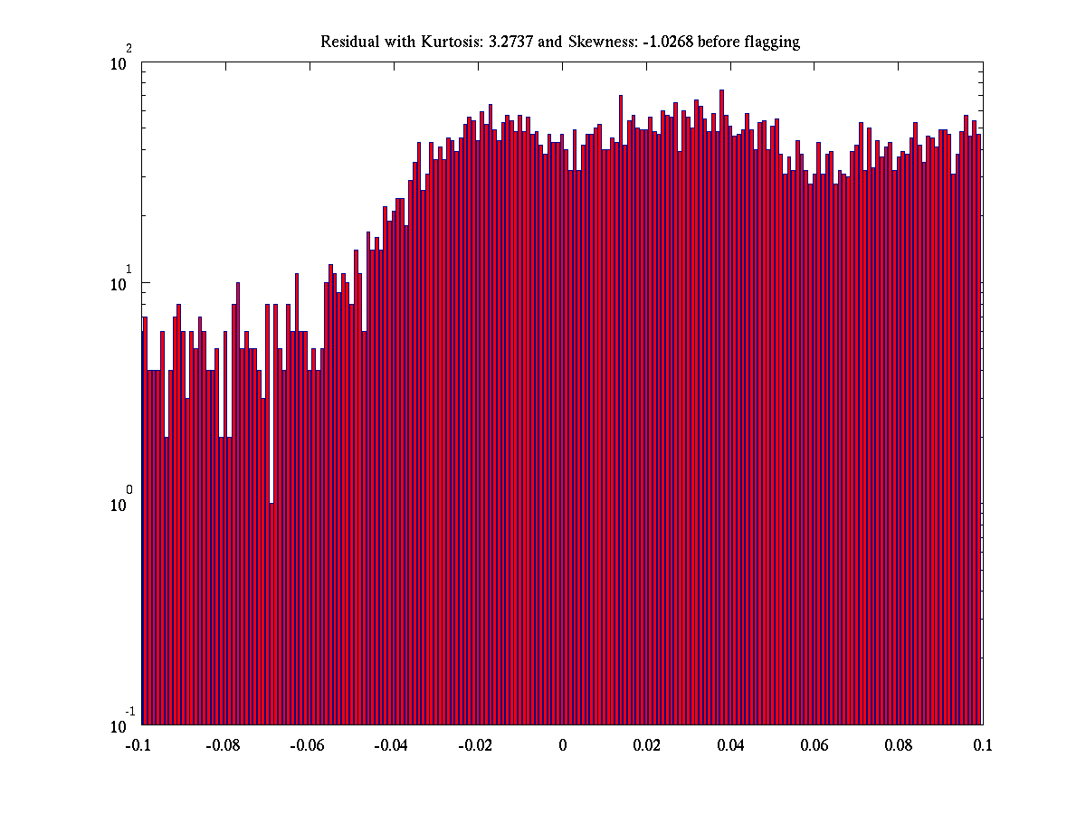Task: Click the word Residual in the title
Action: click(348, 43)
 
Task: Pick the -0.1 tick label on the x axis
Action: click(139, 745)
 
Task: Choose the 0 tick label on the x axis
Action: click(562, 745)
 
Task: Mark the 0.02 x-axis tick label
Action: click(646, 745)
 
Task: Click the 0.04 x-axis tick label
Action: click(730, 745)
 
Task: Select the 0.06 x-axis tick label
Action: click(814, 745)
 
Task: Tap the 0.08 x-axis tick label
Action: click(899, 745)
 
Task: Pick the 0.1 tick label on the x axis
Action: click(983, 745)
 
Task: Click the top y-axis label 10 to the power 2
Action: click(121, 62)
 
